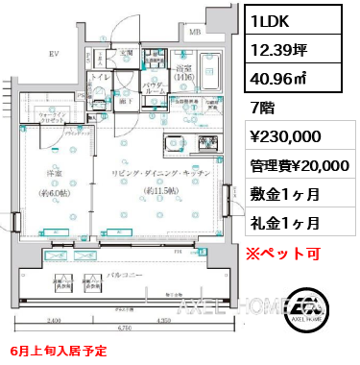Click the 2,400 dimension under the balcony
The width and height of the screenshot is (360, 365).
pyautogui.click(x=54, y=320)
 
